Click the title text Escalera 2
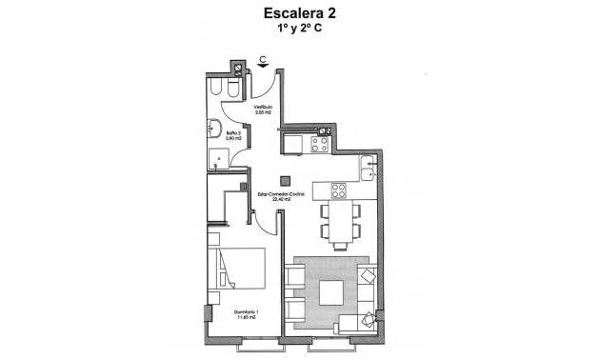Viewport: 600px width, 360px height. [300, 14]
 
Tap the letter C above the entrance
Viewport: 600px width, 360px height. [263, 60]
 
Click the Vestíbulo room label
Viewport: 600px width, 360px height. [263, 108]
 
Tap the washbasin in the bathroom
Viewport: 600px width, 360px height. [215, 129]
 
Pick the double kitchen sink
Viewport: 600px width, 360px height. [369, 169]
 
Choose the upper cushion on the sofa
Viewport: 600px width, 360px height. [369, 277]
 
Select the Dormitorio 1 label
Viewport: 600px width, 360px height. [247, 312]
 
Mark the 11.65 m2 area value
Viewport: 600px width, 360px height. [247, 319]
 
